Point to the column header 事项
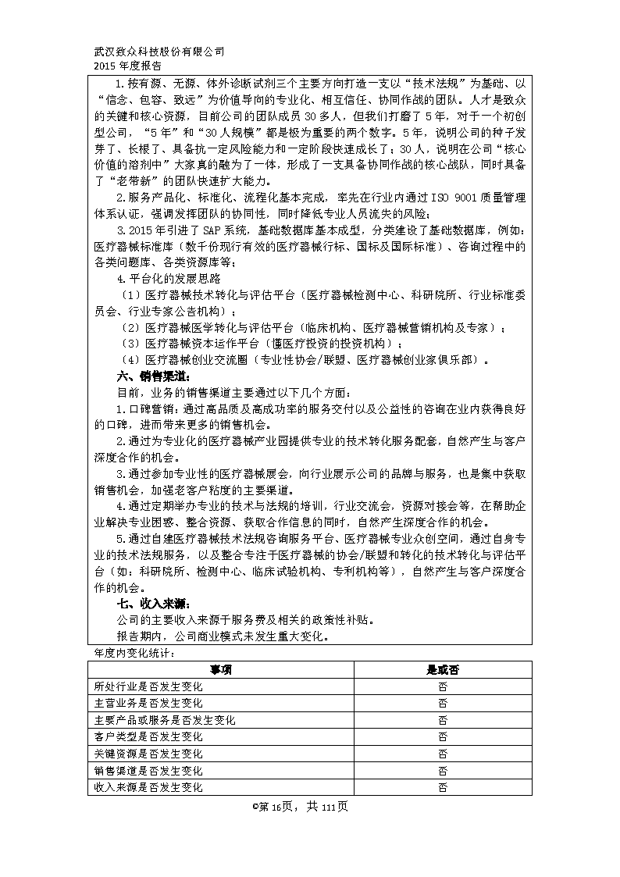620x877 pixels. pyautogui.click(x=220, y=669)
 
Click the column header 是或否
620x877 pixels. pyautogui.click(x=442, y=669)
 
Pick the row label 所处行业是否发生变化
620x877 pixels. pyautogui.click(x=148, y=686)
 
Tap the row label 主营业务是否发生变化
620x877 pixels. pyautogui.click(x=148, y=703)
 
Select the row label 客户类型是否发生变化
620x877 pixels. pyautogui.click(x=148, y=736)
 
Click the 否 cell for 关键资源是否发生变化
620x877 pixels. pyautogui.click(x=442, y=754)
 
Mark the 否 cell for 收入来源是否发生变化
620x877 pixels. pyautogui.click(x=442, y=787)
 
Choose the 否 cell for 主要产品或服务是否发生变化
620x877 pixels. pyautogui.click(x=442, y=720)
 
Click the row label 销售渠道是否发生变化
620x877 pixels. pyautogui.click(x=148, y=771)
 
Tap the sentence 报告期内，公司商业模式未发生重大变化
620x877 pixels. pyautogui.click(x=222, y=636)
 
